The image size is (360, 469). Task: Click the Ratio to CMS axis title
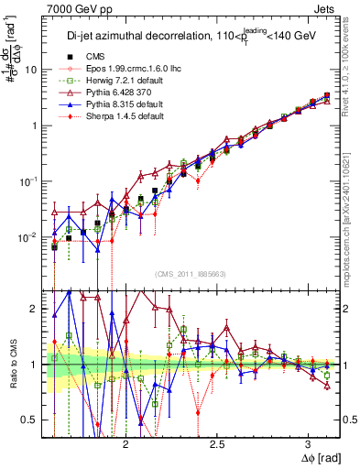tap(12, 365)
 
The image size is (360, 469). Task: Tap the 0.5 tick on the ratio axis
tap(29, 420)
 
